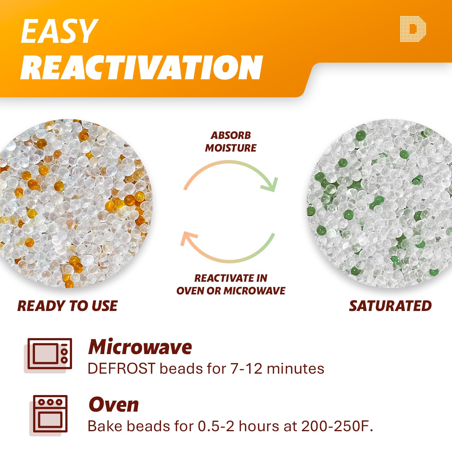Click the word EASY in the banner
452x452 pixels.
pyautogui.click(x=59, y=31)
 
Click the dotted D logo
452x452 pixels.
pyautogui.click(x=413, y=29)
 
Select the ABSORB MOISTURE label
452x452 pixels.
pyautogui.click(x=231, y=142)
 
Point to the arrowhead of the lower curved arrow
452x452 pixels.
pyautogui.click(x=188, y=238)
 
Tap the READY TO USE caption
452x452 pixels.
pyautogui.click(x=67, y=306)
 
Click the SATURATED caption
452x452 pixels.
pyautogui.click(x=390, y=306)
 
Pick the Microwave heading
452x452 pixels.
pyautogui.click(x=140, y=347)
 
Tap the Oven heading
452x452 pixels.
pyautogui.click(x=114, y=404)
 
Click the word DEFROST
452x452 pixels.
pyautogui.click(x=121, y=369)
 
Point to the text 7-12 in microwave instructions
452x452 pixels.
pyautogui.click(x=246, y=369)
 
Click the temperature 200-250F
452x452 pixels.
pyautogui.click(x=337, y=426)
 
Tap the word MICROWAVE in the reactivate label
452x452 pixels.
pyautogui.click(x=255, y=291)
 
